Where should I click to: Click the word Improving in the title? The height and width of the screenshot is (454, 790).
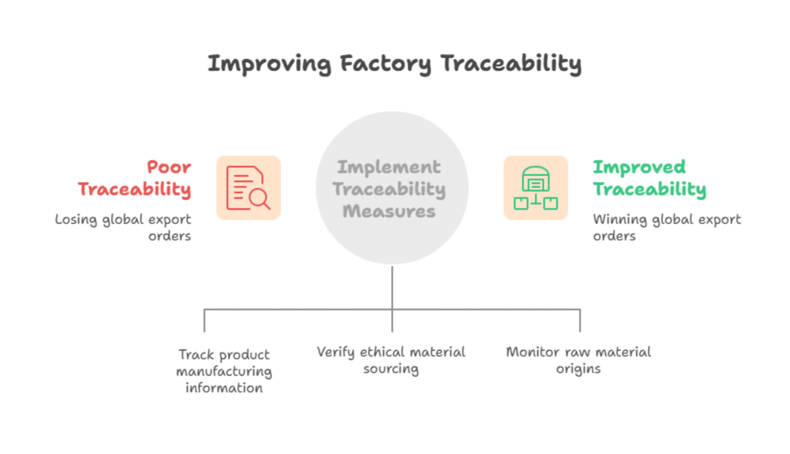click(270, 64)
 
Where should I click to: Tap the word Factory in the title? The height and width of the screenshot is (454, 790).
click(386, 64)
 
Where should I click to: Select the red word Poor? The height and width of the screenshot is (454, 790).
click(169, 167)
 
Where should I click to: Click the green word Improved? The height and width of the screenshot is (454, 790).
click(639, 167)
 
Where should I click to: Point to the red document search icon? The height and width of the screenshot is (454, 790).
click(248, 188)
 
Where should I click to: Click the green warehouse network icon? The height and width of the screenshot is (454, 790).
click(536, 188)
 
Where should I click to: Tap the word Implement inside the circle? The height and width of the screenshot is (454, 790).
click(389, 167)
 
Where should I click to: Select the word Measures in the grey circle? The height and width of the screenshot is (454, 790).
click(389, 211)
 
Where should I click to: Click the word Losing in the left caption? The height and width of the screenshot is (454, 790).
click(76, 219)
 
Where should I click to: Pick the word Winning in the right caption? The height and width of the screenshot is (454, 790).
click(620, 219)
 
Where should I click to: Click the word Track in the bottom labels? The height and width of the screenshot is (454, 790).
click(196, 355)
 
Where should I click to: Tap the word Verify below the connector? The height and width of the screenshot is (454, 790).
click(335, 352)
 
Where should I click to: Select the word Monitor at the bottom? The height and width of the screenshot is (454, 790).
click(533, 352)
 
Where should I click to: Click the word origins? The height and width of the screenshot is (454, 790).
click(578, 369)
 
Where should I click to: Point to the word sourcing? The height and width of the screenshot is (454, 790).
click(391, 369)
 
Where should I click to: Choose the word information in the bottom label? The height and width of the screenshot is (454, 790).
click(224, 388)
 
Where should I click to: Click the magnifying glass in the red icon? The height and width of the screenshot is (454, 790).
click(260, 199)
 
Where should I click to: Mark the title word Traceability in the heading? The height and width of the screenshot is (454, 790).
click(511, 64)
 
